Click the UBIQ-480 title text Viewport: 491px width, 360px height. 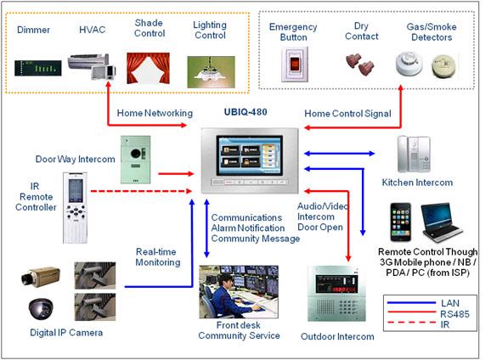245,112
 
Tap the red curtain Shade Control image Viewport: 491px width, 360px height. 148,68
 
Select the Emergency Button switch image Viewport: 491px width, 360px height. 295,65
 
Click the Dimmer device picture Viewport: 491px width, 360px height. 38,68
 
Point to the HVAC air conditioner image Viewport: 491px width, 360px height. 92,66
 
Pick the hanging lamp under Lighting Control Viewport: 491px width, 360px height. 211,72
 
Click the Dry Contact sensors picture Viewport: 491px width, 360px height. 360,65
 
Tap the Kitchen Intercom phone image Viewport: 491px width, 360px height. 414,154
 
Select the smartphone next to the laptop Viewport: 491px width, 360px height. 400,222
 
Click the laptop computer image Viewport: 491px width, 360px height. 441,222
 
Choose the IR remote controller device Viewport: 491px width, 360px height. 75,207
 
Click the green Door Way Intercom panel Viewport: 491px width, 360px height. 136,160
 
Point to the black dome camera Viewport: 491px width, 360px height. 41,309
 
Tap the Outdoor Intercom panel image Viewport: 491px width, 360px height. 336,294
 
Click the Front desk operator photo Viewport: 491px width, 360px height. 239,292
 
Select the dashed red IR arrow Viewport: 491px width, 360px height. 141,191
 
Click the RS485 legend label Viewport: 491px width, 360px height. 454,313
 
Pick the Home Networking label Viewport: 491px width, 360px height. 155,113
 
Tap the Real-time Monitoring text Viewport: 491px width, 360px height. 158,256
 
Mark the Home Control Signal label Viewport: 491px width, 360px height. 347,113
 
